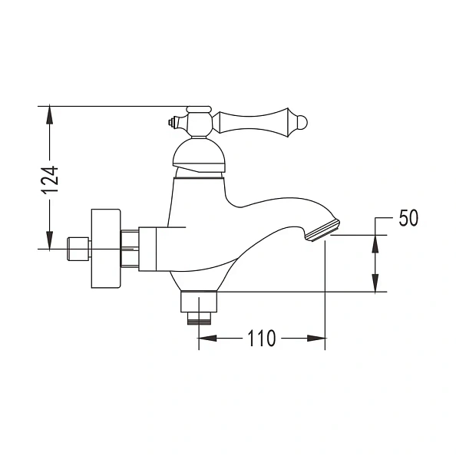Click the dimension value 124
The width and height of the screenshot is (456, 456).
click(50, 180)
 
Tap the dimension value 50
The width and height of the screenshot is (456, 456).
click(408, 218)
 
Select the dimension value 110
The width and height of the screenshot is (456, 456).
click(261, 339)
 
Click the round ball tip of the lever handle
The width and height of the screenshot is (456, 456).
click(302, 122)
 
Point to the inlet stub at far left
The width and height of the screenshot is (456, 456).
click(78, 248)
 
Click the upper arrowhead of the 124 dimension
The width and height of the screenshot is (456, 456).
click(50, 114)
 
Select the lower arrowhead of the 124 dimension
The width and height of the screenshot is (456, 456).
click(50, 240)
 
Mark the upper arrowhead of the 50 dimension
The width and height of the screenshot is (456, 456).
click(375, 243)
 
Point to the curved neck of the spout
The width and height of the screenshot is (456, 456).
click(269, 206)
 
